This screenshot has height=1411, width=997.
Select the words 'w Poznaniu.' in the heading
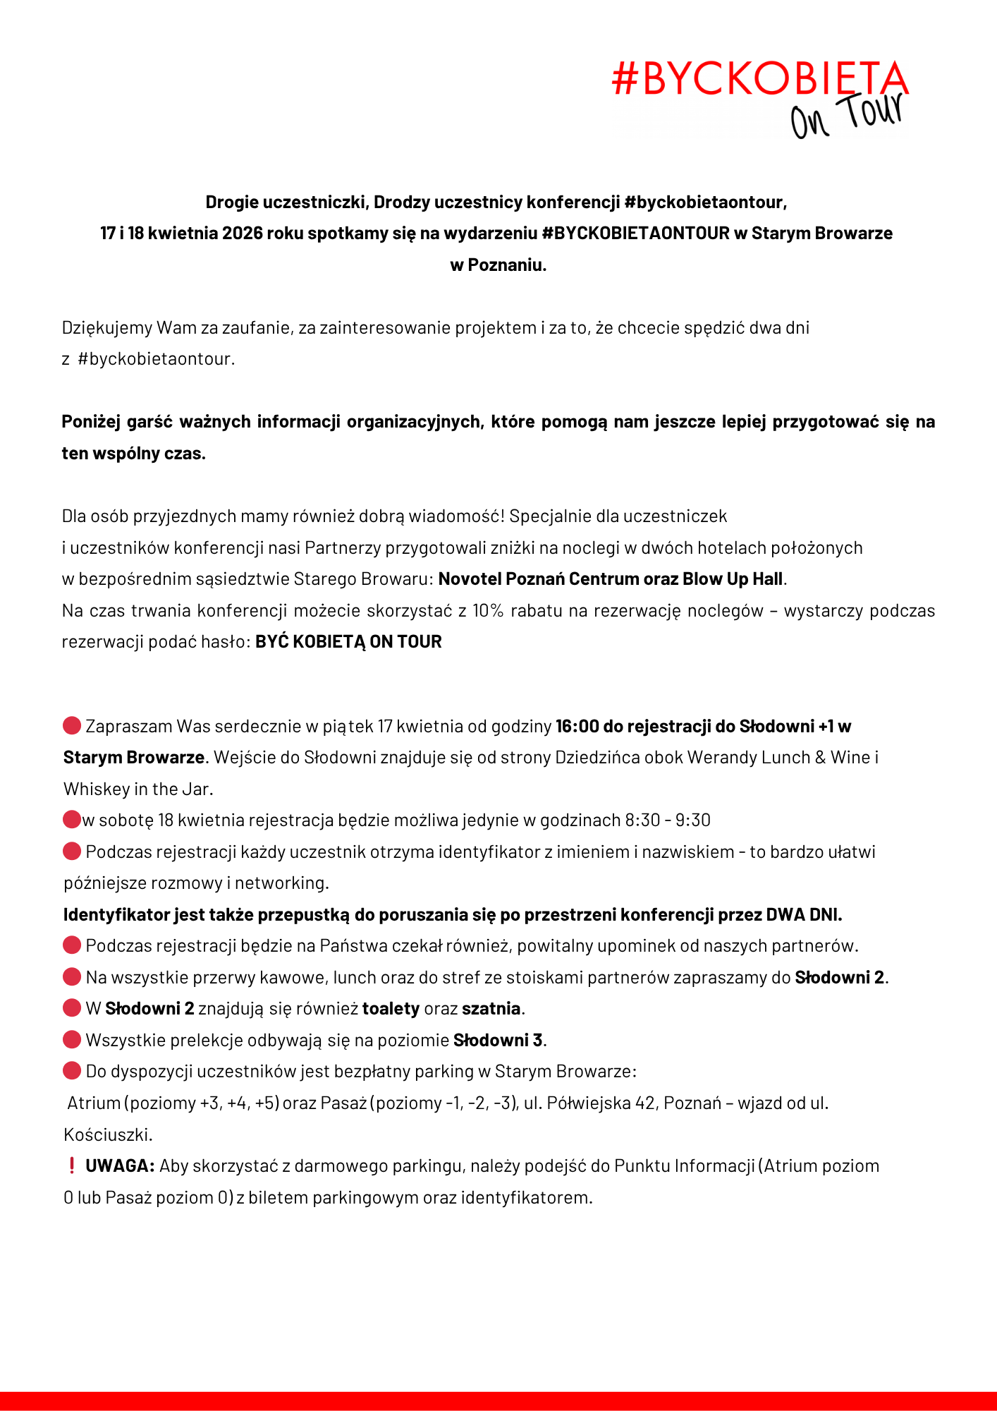[498, 265]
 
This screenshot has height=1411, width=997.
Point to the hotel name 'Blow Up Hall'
[733, 579]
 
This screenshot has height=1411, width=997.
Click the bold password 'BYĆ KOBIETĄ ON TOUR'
[348, 642]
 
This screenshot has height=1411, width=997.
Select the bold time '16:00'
[577, 727]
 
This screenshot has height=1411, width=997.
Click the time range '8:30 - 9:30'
[667, 820]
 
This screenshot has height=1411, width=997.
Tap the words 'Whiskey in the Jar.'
[138, 789]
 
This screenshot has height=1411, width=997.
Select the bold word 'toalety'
[391, 1009]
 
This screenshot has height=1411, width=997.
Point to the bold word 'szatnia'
[491, 1009]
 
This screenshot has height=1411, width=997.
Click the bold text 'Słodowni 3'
[498, 1041]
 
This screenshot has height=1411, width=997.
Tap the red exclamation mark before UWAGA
[71, 1166]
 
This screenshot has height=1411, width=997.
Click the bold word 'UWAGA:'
[120, 1166]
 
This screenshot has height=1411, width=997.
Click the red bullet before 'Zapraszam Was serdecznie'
[72, 726]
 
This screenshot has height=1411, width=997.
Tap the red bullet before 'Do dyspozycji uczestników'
[72, 1072]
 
